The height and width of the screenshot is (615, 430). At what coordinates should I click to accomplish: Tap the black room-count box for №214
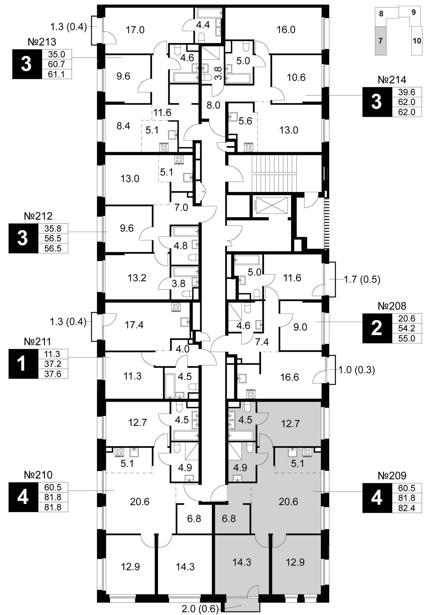point(377,102)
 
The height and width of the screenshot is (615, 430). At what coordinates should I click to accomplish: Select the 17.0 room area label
point(135,30)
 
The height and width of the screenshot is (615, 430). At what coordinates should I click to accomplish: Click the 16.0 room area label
point(286,30)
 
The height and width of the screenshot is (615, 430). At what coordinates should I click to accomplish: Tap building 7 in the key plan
point(381,41)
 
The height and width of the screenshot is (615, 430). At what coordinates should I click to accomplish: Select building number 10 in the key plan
point(417,41)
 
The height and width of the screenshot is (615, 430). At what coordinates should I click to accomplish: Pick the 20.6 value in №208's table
point(407,318)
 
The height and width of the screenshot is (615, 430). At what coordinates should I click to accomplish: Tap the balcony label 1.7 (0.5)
point(362,280)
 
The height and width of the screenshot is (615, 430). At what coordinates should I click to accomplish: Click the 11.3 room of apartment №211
point(133,376)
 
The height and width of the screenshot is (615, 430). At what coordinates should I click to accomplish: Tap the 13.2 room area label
point(137,278)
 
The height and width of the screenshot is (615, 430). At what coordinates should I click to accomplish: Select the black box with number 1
point(23,364)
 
